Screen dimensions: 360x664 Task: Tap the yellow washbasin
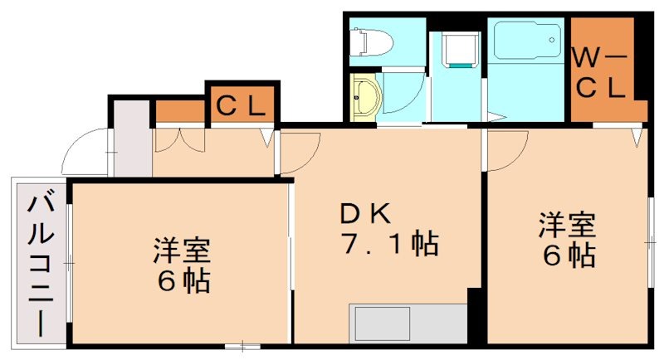click(x=365, y=98)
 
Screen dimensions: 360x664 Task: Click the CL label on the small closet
click(x=241, y=105)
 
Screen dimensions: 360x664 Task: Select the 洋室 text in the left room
click(x=181, y=250)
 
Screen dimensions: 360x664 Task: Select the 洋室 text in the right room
click(x=568, y=224)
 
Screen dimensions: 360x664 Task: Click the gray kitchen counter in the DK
click(x=407, y=323)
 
